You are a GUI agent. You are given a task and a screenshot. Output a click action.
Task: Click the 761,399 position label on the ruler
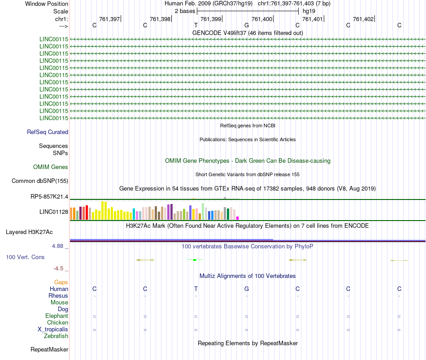(x=211, y=19)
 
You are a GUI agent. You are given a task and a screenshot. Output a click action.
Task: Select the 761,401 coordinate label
(x=313, y=19)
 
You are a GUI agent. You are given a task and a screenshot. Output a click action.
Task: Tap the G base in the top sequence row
(x=247, y=25)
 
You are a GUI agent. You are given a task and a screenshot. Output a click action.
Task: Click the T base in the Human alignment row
(x=196, y=289)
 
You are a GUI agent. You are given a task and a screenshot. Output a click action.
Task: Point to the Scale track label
(x=61, y=11)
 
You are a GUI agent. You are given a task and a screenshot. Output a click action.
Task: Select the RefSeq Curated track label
(x=48, y=132)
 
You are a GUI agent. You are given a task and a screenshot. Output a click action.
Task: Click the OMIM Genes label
(x=51, y=167)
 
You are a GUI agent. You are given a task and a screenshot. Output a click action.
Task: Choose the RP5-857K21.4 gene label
(x=49, y=196)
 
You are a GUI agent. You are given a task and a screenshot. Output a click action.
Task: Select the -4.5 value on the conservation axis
(x=59, y=269)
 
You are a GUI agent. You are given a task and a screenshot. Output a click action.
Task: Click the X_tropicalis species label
(x=53, y=329)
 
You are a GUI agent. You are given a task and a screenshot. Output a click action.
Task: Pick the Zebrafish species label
(x=56, y=336)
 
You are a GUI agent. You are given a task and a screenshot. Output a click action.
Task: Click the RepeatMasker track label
(x=49, y=349)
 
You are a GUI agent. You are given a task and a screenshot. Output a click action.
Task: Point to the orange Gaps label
(x=61, y=282)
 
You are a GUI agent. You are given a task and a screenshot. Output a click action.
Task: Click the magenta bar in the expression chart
(x=238, y=218)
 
